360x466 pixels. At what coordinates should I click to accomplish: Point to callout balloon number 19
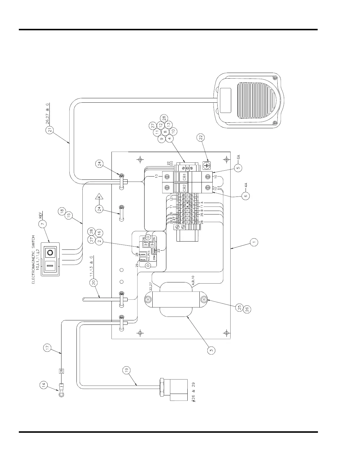point(126,370)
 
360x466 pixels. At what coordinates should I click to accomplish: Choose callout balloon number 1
point(254,242)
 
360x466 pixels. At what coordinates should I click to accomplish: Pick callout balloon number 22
point(201,137)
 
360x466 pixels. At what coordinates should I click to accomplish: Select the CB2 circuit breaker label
point(184,188)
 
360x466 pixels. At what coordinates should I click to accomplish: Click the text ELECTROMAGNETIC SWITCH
point(33,259)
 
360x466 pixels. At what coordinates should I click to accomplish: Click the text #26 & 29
point(193,393)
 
